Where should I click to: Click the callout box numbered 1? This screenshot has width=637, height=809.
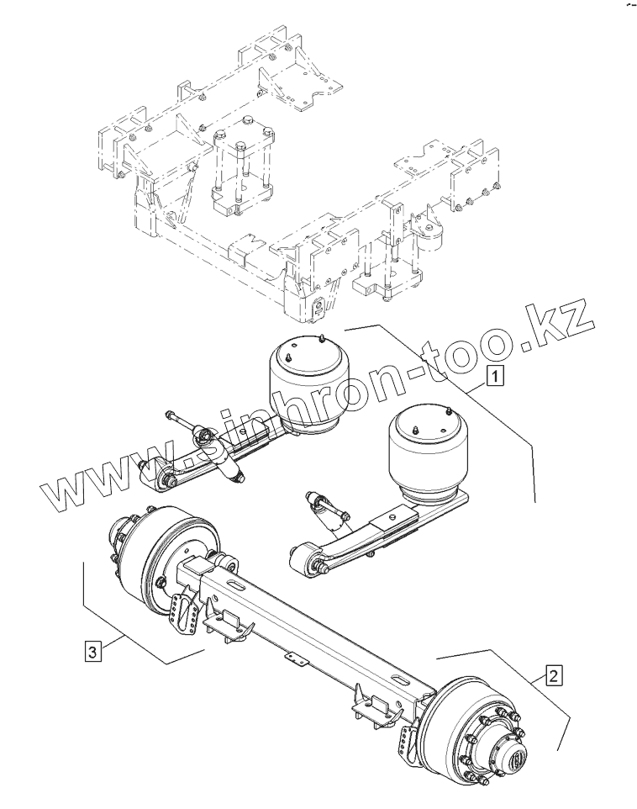(497, 376)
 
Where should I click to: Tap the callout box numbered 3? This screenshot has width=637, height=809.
(93, 650)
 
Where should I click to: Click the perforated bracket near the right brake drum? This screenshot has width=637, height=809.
(410, 739)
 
